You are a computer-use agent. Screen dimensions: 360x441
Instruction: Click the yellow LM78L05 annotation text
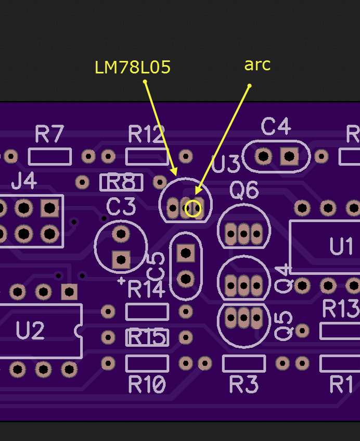point(133,68)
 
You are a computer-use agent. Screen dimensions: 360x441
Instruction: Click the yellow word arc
point(258,65)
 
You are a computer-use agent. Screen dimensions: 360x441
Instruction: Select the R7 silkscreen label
point(49,134)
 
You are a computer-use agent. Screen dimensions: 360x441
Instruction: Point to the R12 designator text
point(146,134)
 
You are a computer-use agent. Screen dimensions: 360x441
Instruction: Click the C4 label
point(276,127)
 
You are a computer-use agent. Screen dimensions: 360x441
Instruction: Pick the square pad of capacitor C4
point(289,156)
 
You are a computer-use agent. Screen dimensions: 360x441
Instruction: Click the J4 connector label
point(24,181)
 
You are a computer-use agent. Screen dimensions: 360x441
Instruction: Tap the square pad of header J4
point(50,208)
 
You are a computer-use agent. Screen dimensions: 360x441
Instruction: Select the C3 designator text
point(121,206)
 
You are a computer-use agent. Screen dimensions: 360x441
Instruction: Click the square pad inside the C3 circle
point(121,260)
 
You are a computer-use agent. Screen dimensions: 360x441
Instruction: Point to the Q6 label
point(244,191)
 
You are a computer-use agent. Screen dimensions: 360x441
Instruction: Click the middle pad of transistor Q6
point(243,234)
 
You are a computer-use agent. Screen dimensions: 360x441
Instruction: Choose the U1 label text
point(341,246)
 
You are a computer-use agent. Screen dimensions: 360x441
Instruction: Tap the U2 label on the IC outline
point(30,331)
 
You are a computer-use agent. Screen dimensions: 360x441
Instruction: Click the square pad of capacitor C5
point(186,253)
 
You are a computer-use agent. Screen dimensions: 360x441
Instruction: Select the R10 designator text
point(147,384)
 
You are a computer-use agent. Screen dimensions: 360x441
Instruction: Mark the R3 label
point(243,384)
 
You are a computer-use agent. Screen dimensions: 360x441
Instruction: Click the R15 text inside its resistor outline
point(147,337)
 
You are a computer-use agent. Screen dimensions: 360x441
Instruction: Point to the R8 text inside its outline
point(121,182)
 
